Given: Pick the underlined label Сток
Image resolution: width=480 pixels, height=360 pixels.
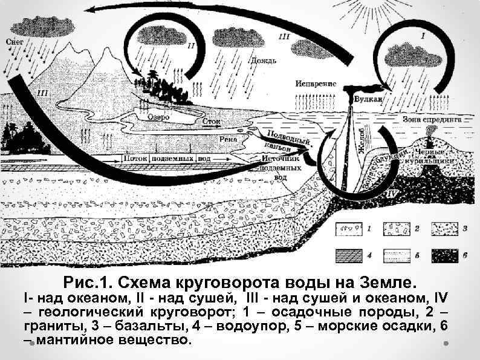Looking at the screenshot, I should coord(211,122).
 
